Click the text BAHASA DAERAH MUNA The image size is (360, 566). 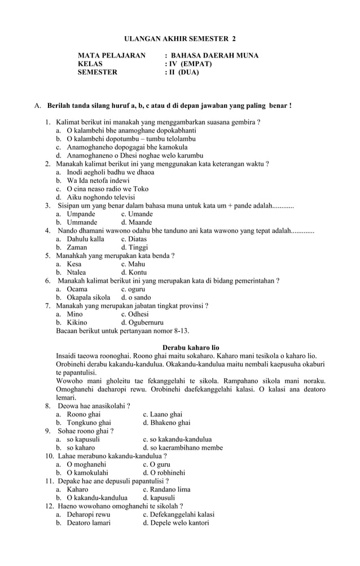coord(214,55)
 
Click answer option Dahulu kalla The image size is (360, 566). coord(85,239)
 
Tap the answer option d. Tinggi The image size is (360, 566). coord(134,247)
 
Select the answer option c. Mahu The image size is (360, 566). coord(133,264)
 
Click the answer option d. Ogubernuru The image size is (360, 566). coord(142,322)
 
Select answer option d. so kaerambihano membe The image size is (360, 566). coord(183,447)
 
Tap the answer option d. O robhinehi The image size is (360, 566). coord(164,472)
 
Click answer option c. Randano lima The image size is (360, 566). coord(166,489)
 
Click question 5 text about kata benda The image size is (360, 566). coord(115,256)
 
